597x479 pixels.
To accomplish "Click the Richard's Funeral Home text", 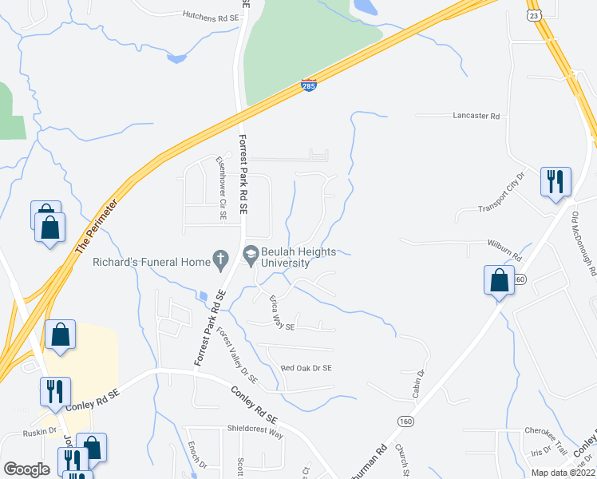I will [151, 260].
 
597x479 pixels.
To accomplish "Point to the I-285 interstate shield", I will [309, 85].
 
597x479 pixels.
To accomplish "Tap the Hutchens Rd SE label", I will [211, 15].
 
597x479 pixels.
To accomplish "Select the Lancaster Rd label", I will [476, 116].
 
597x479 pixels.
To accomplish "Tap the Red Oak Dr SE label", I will [306, 368].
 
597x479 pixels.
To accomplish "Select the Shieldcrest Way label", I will [255, 428].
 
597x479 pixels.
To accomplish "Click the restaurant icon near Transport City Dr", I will [554, 181].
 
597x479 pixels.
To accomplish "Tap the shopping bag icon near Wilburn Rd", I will [499, 281].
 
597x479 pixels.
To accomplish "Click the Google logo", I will [26, 469].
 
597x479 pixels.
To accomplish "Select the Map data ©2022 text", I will [563, 473].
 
